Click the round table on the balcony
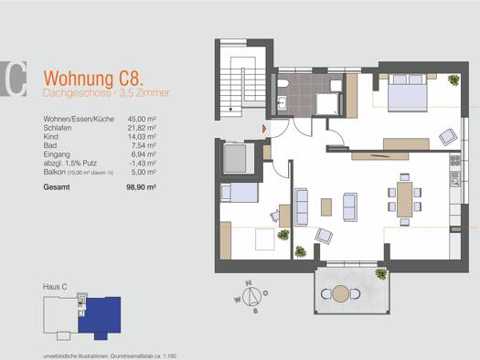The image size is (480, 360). (x=342, y=293)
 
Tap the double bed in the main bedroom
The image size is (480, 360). (x=407, y=91)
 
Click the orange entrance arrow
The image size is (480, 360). (x=263, y=129)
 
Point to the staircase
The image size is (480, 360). (x=246, y=88)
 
